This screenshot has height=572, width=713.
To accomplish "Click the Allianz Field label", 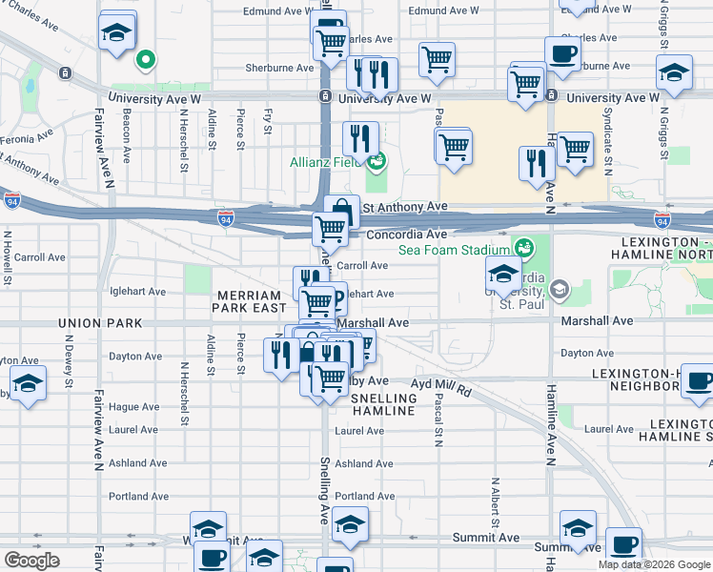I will [326, 162].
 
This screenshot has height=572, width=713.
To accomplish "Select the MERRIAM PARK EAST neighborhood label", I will [250, 300].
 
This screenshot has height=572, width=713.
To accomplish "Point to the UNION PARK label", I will [92, 323].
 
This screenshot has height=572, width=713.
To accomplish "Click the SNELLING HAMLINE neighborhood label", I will [383, 404].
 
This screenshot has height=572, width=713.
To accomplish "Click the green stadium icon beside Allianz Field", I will [378, 160].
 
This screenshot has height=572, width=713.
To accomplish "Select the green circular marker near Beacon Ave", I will [145, 61].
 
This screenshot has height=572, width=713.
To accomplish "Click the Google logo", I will [31, 561].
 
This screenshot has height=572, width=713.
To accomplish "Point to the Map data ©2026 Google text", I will [653, 564].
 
